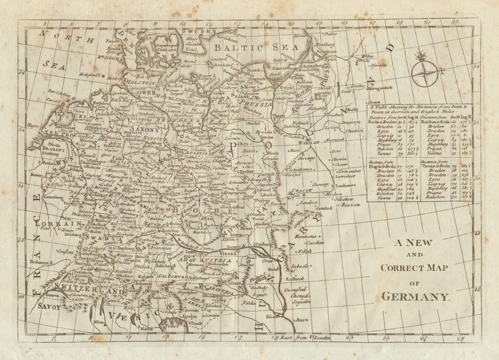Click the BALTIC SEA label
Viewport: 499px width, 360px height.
256,47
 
